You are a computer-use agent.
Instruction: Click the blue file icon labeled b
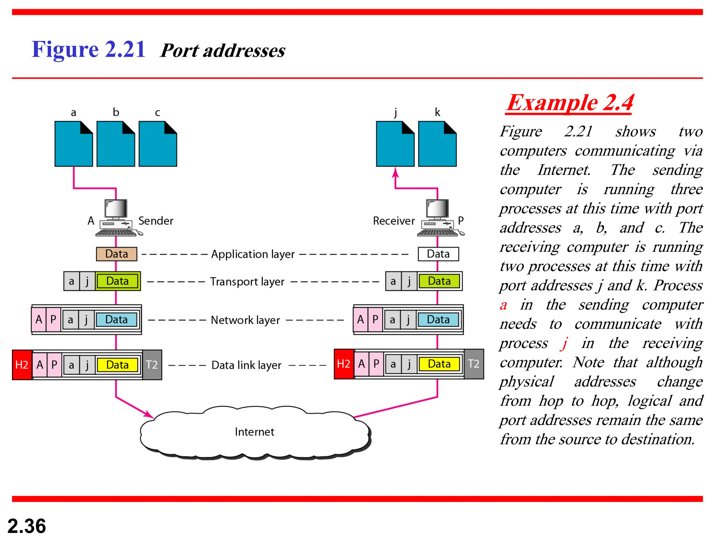(x=115, y=144)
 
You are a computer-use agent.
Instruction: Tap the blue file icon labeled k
(x=437, y=144)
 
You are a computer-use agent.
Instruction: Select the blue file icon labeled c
(x=158, y=144)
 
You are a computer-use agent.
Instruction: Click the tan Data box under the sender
(x=117, y=254)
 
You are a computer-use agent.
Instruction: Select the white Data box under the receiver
(x=438, y=254)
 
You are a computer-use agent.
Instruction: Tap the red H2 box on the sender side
(x=22, y=365)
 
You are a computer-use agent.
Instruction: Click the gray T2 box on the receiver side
(x=474, y=364)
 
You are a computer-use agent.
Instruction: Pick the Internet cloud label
(x=254, y=432)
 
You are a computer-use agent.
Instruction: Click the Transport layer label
(x=247, y=282)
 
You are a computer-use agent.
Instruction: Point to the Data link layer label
(x=246, y=365)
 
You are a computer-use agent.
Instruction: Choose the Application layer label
(x=253, y=254)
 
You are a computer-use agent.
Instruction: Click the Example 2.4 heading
(x=570, y=103)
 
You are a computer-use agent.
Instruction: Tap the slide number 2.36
(x=27, y=526)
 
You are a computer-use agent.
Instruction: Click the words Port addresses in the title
(x=222, y=50)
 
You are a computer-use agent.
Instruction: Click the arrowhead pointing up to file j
(x=395, y=172)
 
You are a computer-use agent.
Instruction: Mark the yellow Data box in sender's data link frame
(x=117, y=365)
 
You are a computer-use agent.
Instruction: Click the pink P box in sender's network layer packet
(x=53, y=319)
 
